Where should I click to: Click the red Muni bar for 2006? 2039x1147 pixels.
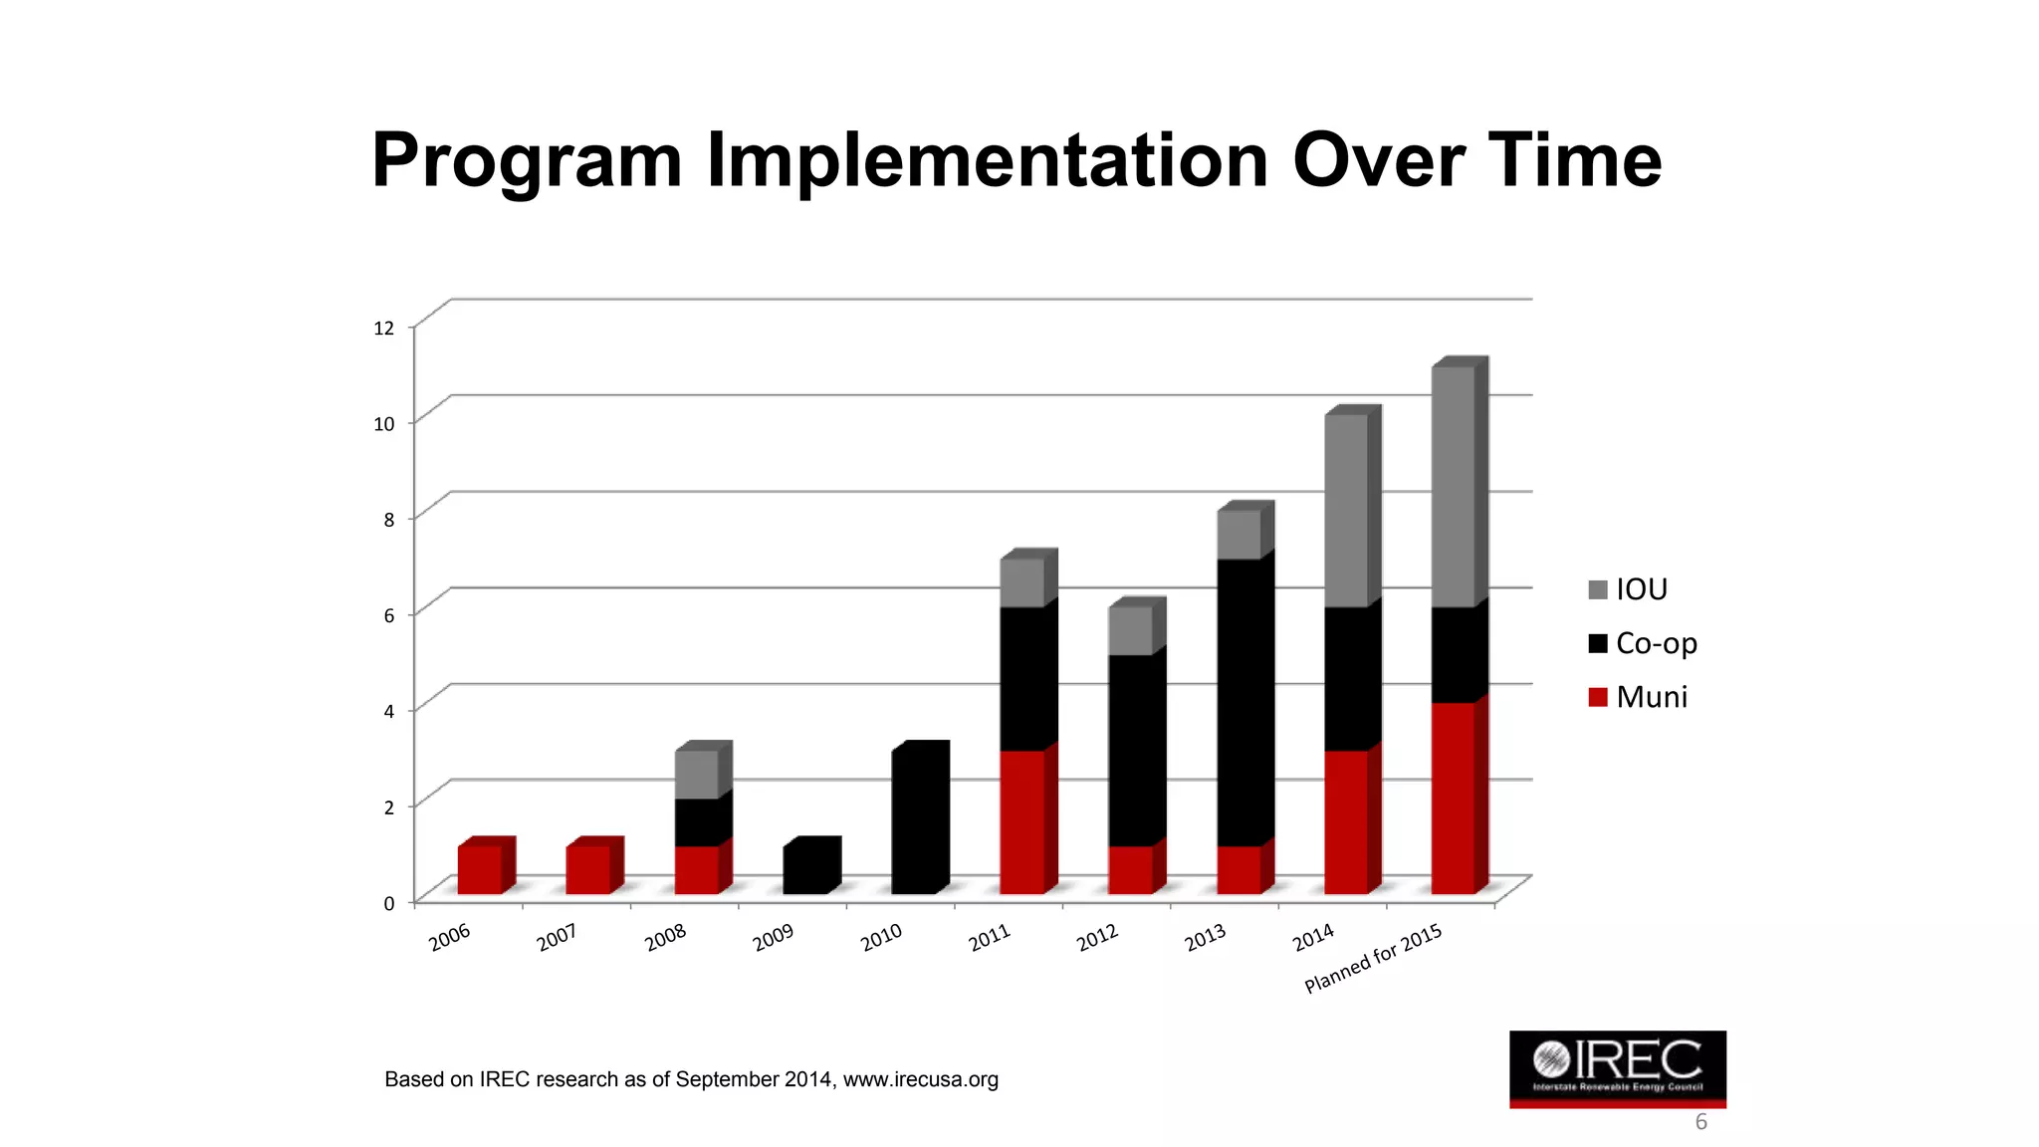(480, 869)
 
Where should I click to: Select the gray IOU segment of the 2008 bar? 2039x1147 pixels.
(697, 774)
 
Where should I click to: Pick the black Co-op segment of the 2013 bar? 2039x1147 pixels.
(1239, 702)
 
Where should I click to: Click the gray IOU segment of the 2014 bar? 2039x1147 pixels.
(1346, 510)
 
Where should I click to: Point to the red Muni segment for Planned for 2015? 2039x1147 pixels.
(1454, 798)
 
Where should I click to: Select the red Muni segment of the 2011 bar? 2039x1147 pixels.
(1022, 821)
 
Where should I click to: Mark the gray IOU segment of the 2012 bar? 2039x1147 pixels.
(1130, 630)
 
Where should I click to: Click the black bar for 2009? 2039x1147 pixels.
(805, 869)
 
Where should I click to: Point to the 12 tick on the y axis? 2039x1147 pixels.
(383, 328)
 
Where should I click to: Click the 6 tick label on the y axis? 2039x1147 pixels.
(388, 615)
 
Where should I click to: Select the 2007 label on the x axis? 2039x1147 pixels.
(558, 937)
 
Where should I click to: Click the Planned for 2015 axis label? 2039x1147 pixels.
(1374, 958)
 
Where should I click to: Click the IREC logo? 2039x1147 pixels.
(1617, 1068)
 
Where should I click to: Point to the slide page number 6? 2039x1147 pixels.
(1700, 1122)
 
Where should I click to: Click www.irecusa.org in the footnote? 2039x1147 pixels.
(920, 1079)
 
